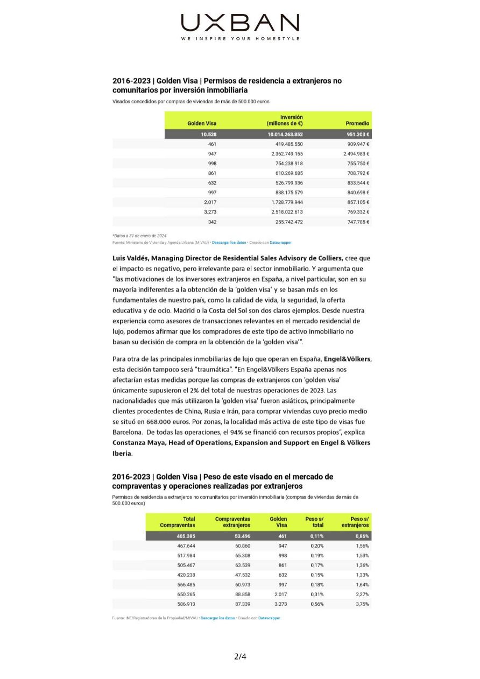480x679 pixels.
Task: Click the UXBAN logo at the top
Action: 240,23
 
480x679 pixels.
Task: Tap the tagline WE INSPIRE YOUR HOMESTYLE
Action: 240,39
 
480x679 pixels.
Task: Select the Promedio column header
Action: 357,123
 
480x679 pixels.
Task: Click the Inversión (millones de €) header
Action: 285,120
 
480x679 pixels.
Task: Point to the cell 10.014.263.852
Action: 285,135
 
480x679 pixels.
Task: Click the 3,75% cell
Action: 362,604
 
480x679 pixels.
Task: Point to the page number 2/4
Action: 240,656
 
